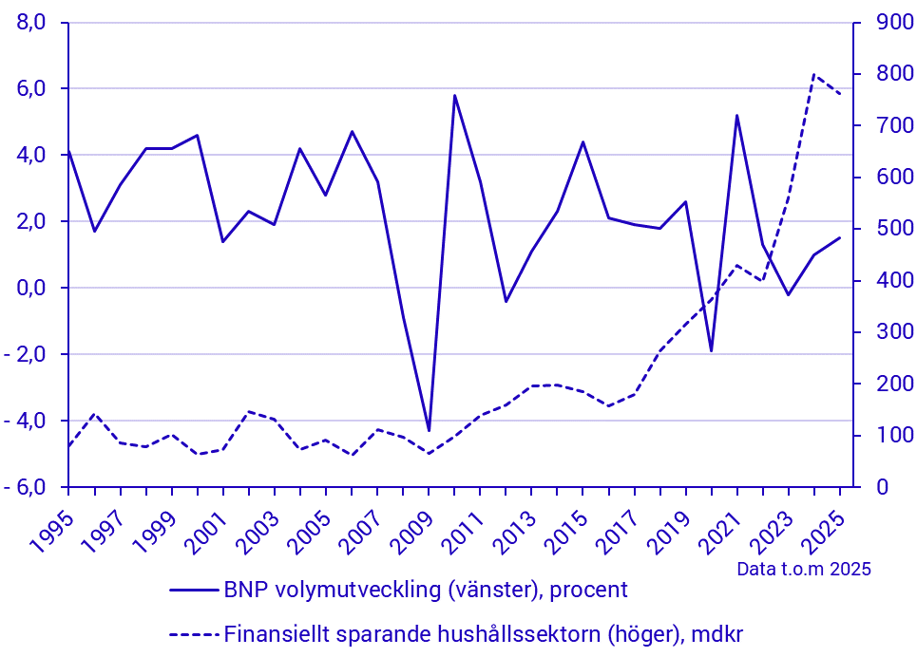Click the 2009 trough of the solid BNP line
pos(429,431)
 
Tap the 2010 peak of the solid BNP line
pos(454,95)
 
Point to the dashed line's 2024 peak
pos(814,74)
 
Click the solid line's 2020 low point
pos(711,351)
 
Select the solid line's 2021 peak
pos(736,115)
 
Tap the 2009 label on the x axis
pos(409,526)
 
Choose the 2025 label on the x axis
pos(820,526)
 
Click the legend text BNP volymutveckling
pos(426,590)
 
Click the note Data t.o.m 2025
pos(803,569)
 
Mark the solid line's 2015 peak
pos(583,141)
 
